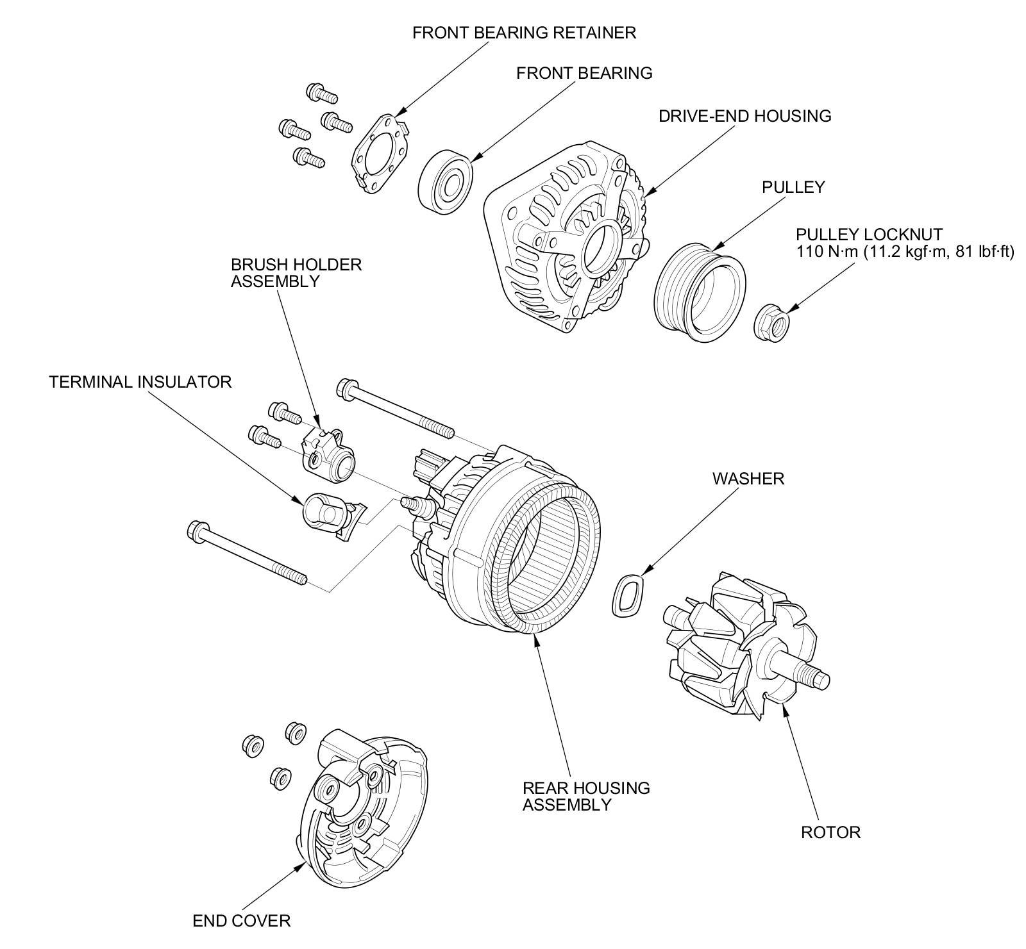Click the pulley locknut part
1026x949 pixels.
(x=771, y=322)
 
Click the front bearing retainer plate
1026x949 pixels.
(x=380, y=153)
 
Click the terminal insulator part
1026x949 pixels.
(x=328, y=513)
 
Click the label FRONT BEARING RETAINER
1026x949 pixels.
(x=524, y=33)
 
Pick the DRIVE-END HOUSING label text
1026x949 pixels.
(x=745, y=116)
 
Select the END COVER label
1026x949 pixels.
(x=241, y=921)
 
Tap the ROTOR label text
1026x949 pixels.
(x=830, y=832)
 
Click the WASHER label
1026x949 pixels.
(x=748, y=479)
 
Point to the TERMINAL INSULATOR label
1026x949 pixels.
(x=140, y=383)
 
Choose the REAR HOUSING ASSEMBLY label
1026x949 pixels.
(x=585, y=796)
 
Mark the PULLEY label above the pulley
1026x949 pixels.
(x=793, y=187)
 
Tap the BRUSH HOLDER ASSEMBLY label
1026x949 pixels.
(x=296, y=272)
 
